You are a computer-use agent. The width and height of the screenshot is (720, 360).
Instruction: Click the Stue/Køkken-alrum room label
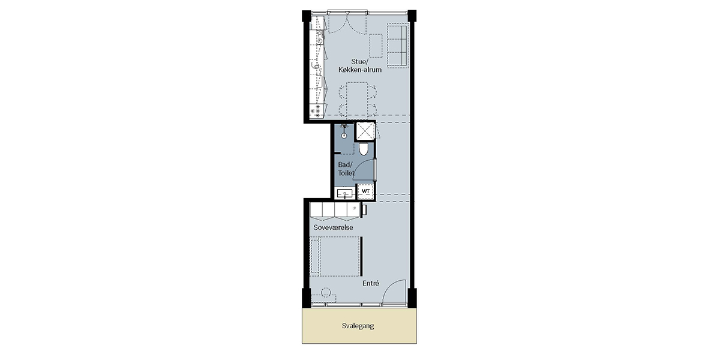coord(359,65)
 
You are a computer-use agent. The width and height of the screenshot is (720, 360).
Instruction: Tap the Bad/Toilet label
coord(346,169)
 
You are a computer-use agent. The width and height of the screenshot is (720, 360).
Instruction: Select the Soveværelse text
coord(333,227)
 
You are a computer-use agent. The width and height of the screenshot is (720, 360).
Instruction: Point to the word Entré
coord(371,283)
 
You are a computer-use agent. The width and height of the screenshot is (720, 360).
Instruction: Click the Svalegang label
coord(358,326)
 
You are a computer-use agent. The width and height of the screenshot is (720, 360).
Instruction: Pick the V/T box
coord(366,191)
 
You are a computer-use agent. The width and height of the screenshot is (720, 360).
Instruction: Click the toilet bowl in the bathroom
coord(363,149)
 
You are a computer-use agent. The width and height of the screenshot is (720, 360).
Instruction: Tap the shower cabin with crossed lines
coord(365,131)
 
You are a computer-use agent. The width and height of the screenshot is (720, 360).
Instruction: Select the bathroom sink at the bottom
coord(345,194)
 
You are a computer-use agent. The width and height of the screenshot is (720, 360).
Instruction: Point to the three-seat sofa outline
coord(398,46)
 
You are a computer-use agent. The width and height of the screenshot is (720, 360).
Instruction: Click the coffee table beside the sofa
coord(376,46)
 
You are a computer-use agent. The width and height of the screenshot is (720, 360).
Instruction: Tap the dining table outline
coord(358,99)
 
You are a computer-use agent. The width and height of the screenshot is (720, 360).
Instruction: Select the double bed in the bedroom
coord(335,256)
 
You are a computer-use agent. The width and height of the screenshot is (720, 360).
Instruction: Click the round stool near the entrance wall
coord(326,292)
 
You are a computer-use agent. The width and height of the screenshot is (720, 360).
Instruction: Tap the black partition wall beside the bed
coord(362,256)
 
